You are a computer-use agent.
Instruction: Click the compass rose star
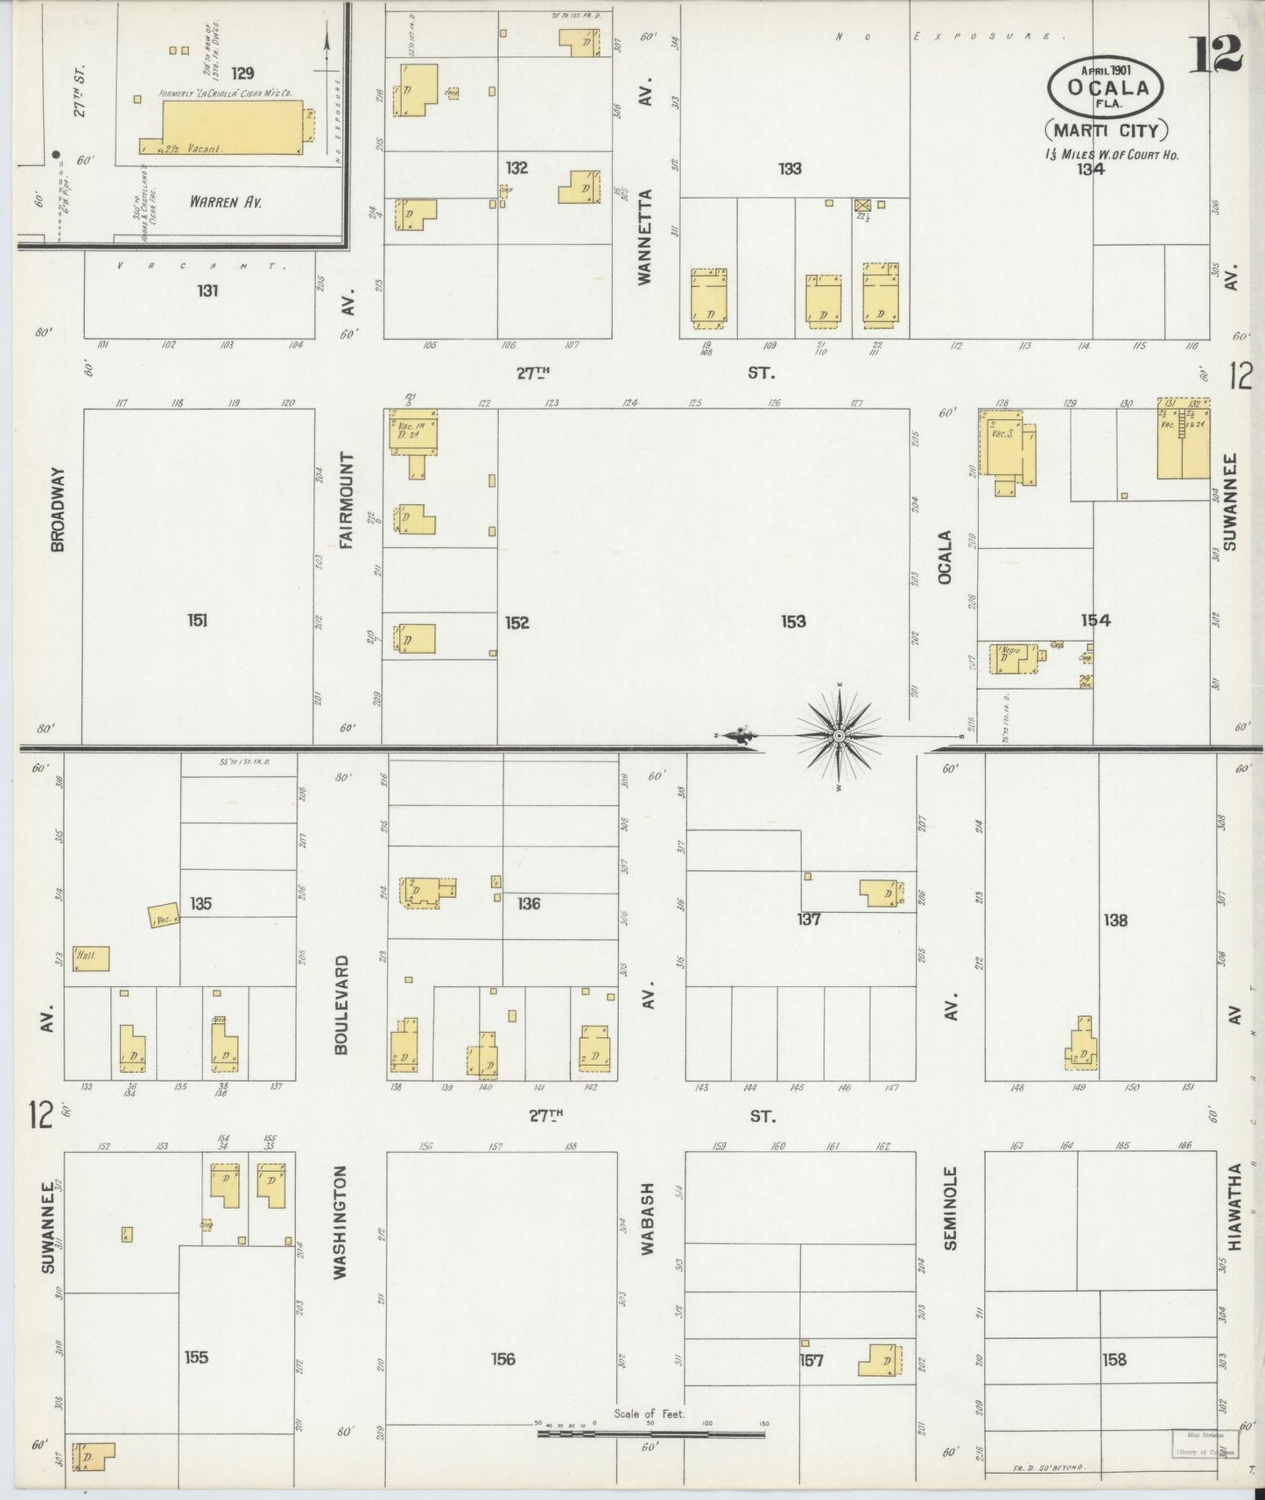coord(840,736)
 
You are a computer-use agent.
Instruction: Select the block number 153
coord(793,621)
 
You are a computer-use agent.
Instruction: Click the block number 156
coord(503,1359)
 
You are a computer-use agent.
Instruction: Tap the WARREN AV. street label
coord(226,201)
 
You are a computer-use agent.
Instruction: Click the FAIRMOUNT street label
coord(347,501)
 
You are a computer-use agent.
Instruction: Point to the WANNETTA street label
coord(645,236)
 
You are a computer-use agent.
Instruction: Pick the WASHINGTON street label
coord(341,1221)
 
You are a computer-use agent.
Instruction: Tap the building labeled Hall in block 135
coord(91,958)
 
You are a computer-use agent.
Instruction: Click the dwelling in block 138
coord(1082,1048)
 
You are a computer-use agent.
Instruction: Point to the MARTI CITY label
coord(1106,131)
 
